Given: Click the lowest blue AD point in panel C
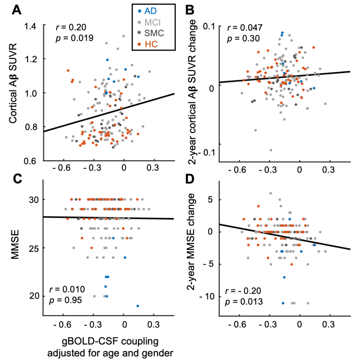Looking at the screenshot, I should click(138, 306).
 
